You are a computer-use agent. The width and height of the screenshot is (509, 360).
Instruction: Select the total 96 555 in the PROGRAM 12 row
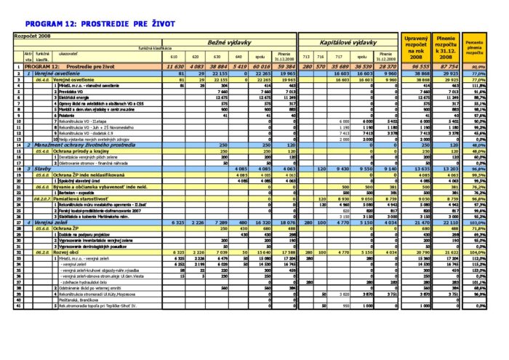[x=417, y=66]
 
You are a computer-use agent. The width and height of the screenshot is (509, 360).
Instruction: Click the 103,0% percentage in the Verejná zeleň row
[x=476, y=222]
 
